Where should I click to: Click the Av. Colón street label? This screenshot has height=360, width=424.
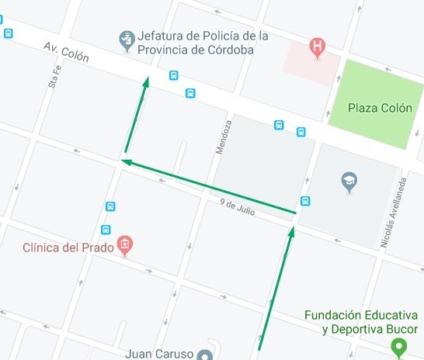point(66,56)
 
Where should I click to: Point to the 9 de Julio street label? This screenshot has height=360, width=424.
point(238,206)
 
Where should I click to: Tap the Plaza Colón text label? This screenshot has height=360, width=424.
point(380,108)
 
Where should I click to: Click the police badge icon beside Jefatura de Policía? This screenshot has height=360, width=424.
point(125,39)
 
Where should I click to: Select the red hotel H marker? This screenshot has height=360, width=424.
point(317,47)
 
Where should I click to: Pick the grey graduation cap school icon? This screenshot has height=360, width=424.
point(349,182)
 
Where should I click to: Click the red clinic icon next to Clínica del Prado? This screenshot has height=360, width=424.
point(124,247)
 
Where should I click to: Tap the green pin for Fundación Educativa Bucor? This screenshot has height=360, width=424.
point(399,348)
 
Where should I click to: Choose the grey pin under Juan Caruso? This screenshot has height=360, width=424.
point(205,355)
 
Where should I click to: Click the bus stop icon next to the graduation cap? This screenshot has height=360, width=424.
point(305,201)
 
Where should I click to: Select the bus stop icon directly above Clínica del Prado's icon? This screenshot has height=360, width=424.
point(106,230)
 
